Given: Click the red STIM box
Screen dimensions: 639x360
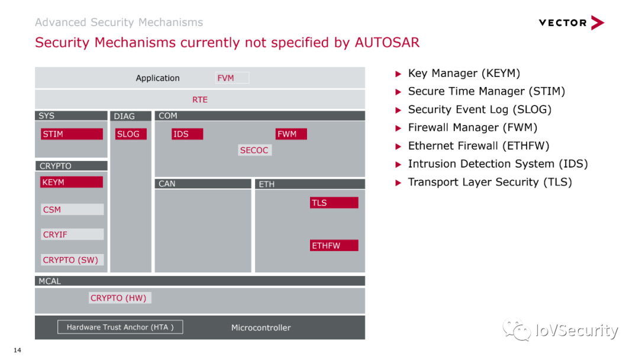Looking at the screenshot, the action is [x=72, y=134].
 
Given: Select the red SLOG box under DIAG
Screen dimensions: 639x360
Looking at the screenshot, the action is [x=131, y=134].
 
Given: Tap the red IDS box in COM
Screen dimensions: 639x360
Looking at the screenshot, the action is [x=187, y=134].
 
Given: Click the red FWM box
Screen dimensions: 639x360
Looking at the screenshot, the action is [x=291, y=134].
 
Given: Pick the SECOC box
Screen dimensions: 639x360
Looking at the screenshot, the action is [x=254, y=150].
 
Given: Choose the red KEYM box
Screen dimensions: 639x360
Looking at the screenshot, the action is [x=72, y=182].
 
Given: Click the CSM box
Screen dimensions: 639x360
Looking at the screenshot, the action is [x=72, y=210].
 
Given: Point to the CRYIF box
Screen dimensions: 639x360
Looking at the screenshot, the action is [x=72, y=234].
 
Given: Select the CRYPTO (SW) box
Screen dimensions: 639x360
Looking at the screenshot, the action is [x=72, y=260].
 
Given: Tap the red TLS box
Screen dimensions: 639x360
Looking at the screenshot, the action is [x=334, y=202].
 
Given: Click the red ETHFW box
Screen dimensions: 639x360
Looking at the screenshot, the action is [x=334, y=246].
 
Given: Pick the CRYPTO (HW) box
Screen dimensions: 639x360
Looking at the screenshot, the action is [x=120, y=298].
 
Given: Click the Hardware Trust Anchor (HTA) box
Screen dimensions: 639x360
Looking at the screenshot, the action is [x=120, y=327].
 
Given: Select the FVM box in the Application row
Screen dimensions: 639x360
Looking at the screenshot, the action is [x=232, y=78].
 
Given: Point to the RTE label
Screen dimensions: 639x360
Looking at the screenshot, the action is [x=200, y=99].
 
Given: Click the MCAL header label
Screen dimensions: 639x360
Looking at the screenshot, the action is [x=50, y=281].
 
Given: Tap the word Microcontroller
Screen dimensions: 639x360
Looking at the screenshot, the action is [x=261, y=328].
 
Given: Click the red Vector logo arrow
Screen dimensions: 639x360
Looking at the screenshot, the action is [x=598, y=23].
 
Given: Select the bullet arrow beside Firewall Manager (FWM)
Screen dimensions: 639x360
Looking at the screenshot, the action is [x=399, y=128].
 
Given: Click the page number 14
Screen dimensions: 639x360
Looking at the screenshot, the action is [x=17, y=350].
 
